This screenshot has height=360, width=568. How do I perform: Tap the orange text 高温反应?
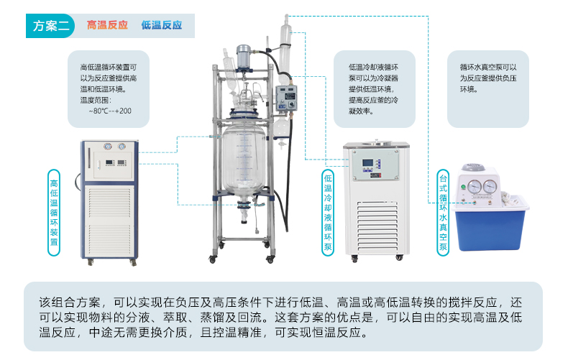coord(107,25)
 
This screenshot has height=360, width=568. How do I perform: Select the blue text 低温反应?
coord(162,25)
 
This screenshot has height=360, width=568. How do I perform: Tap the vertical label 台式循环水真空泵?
coord(443,211)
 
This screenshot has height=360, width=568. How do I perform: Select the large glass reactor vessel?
coord(244,162)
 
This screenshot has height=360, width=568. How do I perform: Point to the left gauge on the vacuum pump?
coord(475,188)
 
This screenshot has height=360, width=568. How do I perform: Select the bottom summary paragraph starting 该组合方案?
coord(283,317)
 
